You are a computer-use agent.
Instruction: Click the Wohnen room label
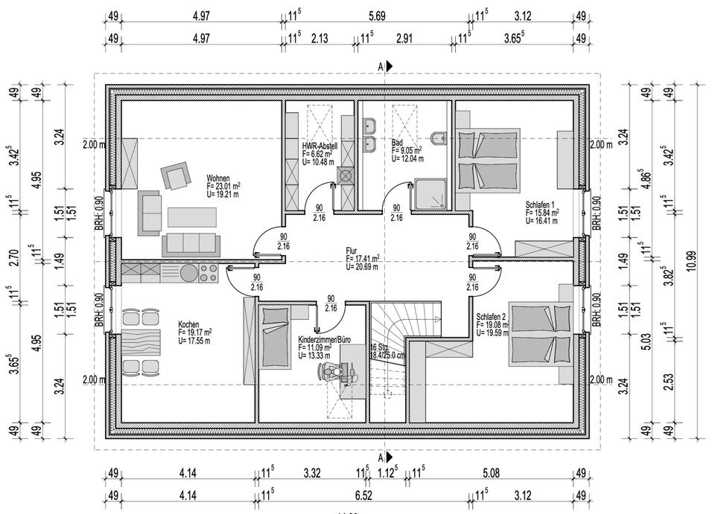click(218, 179)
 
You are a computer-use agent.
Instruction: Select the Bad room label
click(397, 141)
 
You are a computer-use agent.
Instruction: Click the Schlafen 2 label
click(491, 316)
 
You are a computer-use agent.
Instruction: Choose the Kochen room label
click(188, 324)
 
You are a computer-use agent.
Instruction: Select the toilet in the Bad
click(439, 138)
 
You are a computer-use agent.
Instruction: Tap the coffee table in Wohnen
click(190, 216)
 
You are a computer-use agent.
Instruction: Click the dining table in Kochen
click(139, 342)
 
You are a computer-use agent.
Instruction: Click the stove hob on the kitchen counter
click(208, 272)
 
